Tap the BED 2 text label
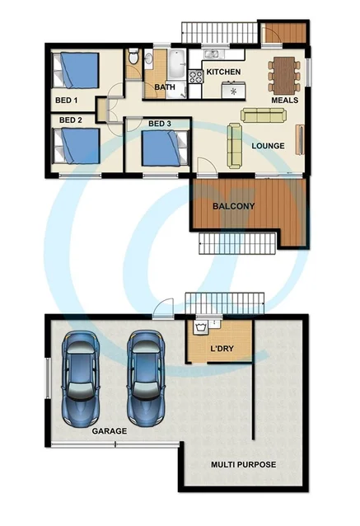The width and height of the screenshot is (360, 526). pos(71,120)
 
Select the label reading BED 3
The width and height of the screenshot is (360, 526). pos(161,124)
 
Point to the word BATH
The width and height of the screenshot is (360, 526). pos(164,87)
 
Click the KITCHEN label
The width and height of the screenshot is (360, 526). pos(223,73)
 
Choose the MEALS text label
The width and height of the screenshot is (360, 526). pos(285,101)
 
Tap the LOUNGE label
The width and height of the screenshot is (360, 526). pos(269,146)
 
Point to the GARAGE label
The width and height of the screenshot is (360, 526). pos(109,430)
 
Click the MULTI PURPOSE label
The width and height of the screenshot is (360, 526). pos(243,464)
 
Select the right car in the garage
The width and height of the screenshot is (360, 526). pos(147,373)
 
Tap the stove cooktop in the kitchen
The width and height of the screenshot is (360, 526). pos(196,77)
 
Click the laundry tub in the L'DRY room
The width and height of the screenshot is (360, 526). pos(199,329)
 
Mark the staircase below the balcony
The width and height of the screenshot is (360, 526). pos(237,243)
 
